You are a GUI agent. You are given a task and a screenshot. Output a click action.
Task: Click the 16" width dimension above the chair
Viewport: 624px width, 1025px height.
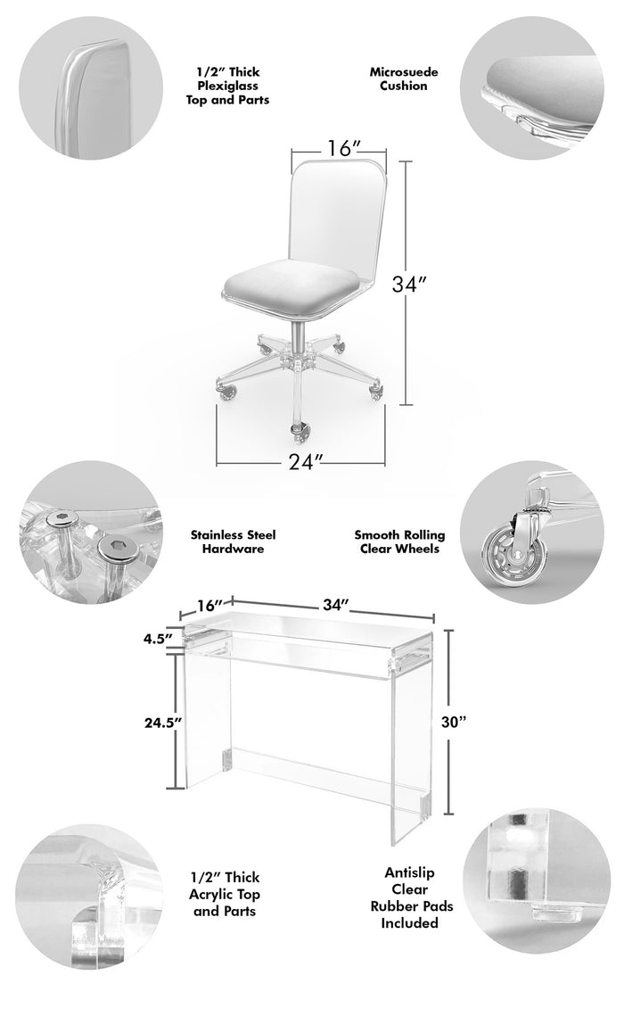340,148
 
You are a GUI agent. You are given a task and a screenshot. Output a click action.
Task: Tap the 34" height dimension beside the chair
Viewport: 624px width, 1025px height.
409,285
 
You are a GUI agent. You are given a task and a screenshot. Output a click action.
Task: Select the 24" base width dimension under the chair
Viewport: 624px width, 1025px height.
306,461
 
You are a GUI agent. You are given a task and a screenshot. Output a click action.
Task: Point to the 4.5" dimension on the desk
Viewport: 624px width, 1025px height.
158,638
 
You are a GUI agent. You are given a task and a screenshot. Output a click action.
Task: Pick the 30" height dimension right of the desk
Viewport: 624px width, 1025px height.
454,722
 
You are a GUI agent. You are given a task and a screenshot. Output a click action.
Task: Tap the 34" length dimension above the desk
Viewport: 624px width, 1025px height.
336,606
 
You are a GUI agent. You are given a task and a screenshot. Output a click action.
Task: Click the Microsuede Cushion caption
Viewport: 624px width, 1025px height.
404,79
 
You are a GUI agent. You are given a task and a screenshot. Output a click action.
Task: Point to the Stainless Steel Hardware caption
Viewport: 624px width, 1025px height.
234,541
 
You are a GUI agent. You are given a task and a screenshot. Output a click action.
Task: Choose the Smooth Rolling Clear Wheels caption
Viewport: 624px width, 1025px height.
399,541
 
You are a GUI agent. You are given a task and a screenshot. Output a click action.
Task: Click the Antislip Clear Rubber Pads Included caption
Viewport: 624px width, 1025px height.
410,897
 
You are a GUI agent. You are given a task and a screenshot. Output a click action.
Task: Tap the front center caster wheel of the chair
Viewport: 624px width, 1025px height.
300,432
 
